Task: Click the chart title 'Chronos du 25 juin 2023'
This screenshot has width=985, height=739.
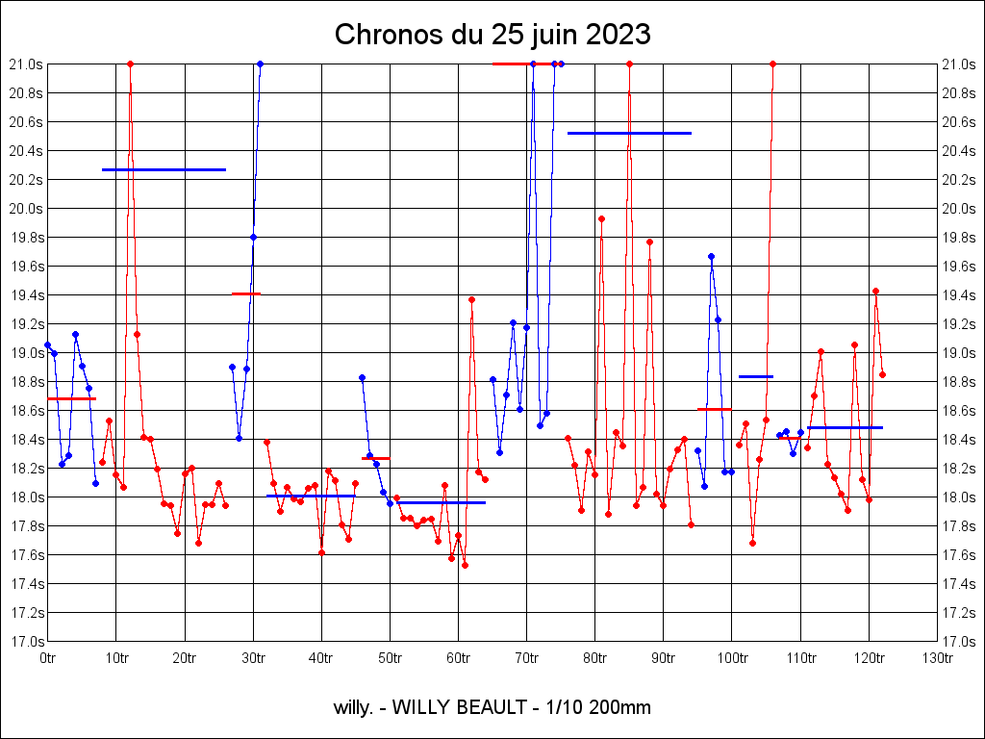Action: point(492,35)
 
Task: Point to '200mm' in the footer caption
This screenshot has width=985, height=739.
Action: point(619,708)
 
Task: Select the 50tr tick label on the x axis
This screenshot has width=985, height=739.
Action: point(390,657)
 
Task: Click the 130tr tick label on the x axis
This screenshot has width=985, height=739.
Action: point(937,657)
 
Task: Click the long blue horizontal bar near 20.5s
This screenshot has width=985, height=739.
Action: point(629,133)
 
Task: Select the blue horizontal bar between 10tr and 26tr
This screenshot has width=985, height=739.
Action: point(164,169)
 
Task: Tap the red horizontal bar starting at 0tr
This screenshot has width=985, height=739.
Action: point(71,398)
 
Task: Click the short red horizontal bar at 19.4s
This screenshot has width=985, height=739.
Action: point(246,293)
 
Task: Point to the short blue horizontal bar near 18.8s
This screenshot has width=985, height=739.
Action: point(756,376)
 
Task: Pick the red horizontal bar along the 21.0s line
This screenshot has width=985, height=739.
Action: point(524,64)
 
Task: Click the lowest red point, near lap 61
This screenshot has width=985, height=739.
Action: point(465,565)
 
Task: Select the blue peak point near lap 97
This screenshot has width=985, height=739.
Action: point(711,256)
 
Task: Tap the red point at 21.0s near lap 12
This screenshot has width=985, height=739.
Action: point(130,64)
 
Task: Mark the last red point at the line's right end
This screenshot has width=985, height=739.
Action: point(882,374)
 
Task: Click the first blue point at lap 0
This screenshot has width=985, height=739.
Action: point(47,344)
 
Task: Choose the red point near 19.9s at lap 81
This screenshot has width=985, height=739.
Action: point(601,218)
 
